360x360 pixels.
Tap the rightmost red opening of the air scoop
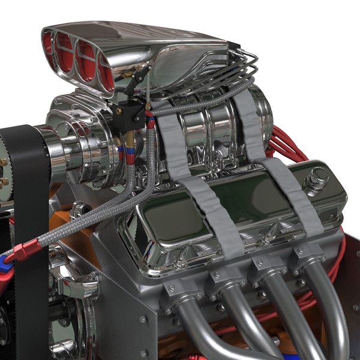click(106, 76)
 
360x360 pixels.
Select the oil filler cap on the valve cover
click(316, 179)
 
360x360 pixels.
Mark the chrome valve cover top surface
click(240, 207)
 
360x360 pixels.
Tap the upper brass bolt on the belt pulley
click(4, 162)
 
